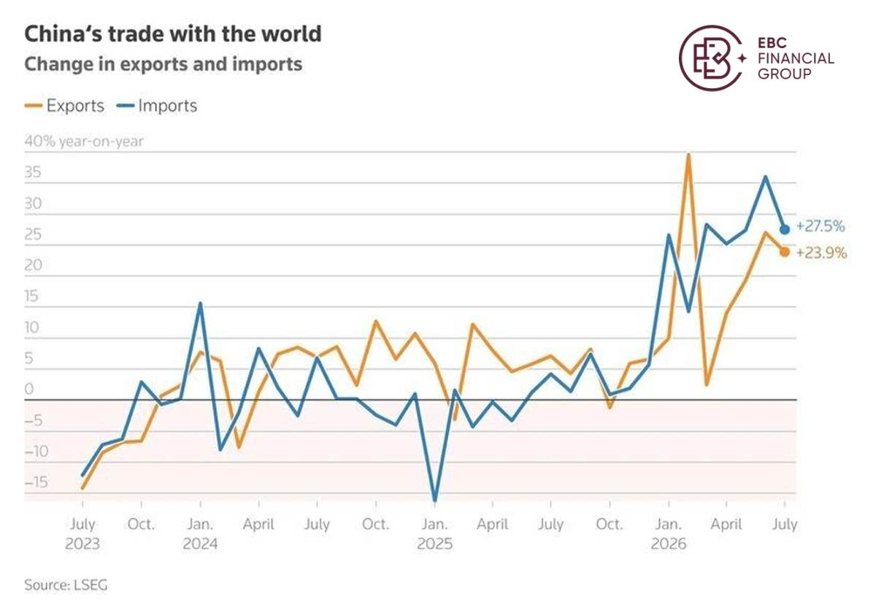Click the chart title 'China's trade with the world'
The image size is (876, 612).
[173, 34]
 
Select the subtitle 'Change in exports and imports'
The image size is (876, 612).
[163, 64]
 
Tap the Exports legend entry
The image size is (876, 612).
[64, 106]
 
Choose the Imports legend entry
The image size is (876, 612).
[157, 106]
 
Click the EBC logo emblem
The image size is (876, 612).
[711, 58]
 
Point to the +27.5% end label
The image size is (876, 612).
[821, 226]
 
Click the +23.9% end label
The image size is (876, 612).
[821, 253]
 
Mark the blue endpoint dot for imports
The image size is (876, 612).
[785, 229]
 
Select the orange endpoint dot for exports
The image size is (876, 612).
[785, 252]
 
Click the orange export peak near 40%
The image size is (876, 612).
[688, 155]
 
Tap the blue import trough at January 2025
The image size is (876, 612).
[435, 500]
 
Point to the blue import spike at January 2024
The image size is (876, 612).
[200, 303]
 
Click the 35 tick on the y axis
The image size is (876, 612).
[33, 172]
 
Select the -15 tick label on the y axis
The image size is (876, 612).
[36, 482]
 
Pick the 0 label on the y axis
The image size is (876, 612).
[29, 390]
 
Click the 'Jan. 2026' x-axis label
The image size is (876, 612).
[669, 534]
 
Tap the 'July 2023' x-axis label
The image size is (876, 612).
[82, 534]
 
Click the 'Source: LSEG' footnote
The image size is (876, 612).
[66, 585]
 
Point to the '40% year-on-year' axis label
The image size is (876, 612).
[84, 141]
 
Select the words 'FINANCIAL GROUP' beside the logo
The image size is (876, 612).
[796, 66]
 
